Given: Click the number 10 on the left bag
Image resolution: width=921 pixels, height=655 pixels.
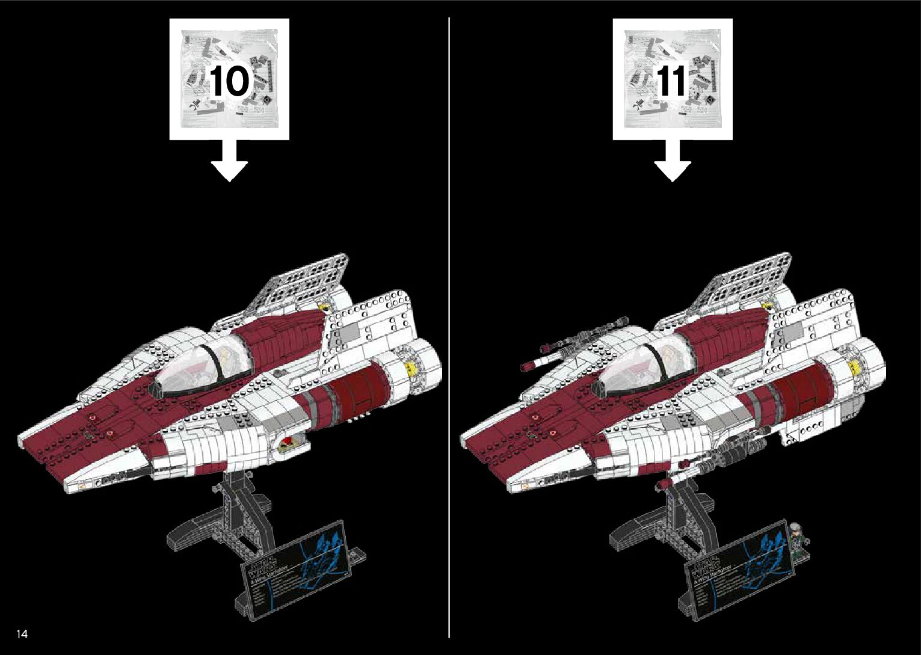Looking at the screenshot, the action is click(x=229, y=81).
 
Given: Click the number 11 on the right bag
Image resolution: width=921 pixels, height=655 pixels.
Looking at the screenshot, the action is click(x=671, y=81).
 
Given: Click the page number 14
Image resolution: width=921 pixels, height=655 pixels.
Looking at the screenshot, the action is click(x=22, y=633).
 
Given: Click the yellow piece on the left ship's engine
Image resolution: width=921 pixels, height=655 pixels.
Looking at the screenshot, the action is click(x=411, y=366).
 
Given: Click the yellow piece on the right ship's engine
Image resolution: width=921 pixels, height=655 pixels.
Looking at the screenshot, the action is click(x=854, y=366).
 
